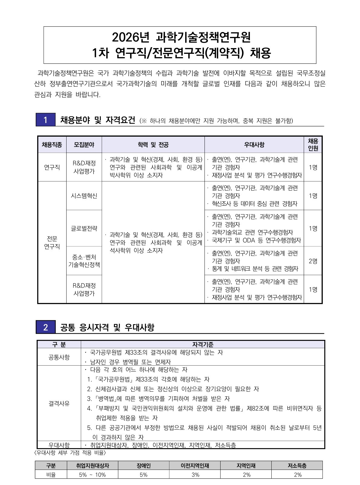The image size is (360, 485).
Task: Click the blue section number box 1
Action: coord(45,120)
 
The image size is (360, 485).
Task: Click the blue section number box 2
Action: coord(45,327)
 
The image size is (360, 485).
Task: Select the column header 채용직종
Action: coord(52,145)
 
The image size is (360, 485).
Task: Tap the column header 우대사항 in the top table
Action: coord(254,145)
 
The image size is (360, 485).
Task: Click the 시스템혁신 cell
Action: coord(84,196)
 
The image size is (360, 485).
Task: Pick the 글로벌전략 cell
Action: coord(84,228)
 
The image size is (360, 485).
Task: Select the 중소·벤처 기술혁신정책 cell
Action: coord(84,261)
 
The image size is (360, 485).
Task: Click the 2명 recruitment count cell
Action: coord(313,261)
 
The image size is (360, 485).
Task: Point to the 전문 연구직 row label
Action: coord(52,242)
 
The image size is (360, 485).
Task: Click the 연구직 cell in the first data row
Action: coord(52,167)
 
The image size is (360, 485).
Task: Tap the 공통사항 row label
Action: coord(59,357)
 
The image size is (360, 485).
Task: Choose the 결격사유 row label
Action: coord(59,403)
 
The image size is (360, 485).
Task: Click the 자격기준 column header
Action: coord(203,344)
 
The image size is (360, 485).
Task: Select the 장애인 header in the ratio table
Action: coord(143,466)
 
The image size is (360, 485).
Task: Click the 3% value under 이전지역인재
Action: coord(195,475)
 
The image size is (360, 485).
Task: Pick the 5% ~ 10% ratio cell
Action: coord(92,475)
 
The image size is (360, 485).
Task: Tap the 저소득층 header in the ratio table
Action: coord(297,466)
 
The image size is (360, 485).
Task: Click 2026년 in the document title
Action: coord(131,37)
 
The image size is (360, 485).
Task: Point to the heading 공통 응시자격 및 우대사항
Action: coord(107,327)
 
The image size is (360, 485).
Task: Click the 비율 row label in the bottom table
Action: coord(51,475)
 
